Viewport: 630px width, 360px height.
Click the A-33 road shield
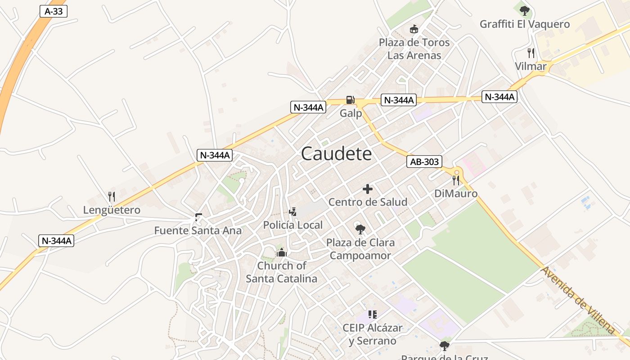[x=54, y=11]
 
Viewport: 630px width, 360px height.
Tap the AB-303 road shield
[x=424, y=162]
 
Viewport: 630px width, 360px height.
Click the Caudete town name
[x=336, y=154]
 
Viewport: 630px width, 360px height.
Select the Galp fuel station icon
[x=350, y=100]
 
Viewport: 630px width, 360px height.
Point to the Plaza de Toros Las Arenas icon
[x=414, y=30]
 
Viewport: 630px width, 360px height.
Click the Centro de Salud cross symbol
[x=368, y=189]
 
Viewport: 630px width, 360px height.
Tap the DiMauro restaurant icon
[x=456, y=180]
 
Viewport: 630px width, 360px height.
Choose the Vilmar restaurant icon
[x=531, y=53]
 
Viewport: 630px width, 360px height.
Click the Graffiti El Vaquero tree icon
[x=524, y=11]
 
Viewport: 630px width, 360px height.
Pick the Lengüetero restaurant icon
[x=112, y=197]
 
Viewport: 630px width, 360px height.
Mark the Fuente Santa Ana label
[x=198, y=231]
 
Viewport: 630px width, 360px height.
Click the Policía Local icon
[x=293, y=211]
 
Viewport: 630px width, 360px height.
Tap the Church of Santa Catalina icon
[x=282, y=252]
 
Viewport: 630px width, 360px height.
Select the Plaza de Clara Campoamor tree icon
[x=360, y=229]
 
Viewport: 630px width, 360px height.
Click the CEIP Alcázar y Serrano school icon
[x=372, y=314]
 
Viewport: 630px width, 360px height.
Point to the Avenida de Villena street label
[x=578, y=300]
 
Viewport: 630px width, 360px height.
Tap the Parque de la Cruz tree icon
[x=445, y=346]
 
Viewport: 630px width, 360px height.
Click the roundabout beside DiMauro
[x=457, y=171]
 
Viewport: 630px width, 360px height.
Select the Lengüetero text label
[x=112, y=210]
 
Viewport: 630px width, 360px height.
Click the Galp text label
[x=351, y=113]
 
